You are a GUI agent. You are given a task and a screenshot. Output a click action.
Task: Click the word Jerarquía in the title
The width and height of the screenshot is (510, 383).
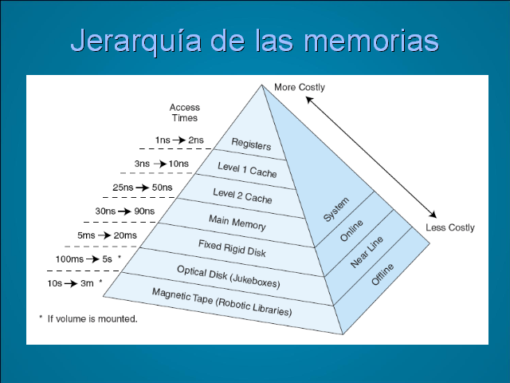(135, 41)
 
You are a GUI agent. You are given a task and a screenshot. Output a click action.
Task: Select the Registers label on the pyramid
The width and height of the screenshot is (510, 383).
(251, 144)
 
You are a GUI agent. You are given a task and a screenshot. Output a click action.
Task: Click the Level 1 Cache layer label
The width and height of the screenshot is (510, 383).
(247, 170)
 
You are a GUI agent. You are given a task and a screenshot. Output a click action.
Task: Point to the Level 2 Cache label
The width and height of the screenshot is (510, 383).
(242, 196)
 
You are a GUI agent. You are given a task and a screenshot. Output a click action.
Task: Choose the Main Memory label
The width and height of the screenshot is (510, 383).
(237, 223)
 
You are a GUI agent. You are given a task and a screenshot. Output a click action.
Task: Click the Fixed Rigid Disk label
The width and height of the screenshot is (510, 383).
(232, 248)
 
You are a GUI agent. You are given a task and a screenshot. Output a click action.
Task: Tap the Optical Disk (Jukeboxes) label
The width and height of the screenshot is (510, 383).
(229, 277)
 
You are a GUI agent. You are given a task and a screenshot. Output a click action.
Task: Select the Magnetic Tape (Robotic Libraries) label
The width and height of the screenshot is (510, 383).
(222, 302)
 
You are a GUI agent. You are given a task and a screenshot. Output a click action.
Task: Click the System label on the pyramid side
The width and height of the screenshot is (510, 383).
(336, 209)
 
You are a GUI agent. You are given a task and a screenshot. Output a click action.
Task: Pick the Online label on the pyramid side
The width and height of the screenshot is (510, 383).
(351, 231)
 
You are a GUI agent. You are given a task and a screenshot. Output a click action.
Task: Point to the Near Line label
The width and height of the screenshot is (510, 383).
(367, 252)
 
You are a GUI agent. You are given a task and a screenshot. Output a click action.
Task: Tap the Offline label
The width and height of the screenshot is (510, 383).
(382, 274)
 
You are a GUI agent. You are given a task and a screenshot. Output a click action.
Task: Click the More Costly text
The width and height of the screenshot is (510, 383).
(300, 87)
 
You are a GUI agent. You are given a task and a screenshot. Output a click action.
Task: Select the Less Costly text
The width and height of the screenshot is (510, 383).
(450, 227)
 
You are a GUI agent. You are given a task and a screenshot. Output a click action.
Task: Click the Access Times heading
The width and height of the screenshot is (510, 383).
(185, 113)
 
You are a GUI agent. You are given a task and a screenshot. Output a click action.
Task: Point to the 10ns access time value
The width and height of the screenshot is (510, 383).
(178, 164)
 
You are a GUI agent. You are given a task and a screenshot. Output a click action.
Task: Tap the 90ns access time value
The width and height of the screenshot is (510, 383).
(144, 211)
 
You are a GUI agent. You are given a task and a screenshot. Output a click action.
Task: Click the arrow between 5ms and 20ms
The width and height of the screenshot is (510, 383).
(104, 235)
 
